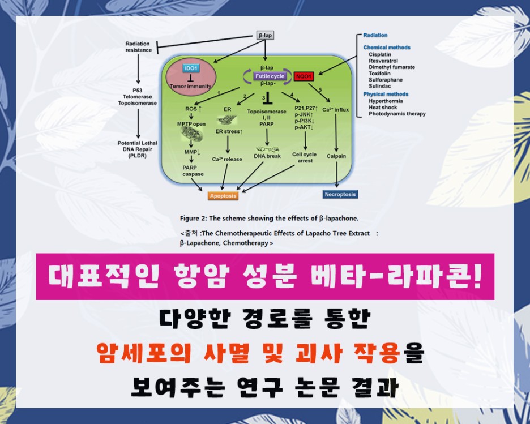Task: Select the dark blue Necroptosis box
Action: pos(340,194)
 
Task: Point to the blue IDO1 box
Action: pos(190,68)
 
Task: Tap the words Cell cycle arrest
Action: pos(305,157)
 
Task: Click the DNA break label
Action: pos(267,156)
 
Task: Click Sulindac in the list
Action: pos(379,86)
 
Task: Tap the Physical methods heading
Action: pos(386,94)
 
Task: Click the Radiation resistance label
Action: pos(139,47)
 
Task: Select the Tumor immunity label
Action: pos(191,86)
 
